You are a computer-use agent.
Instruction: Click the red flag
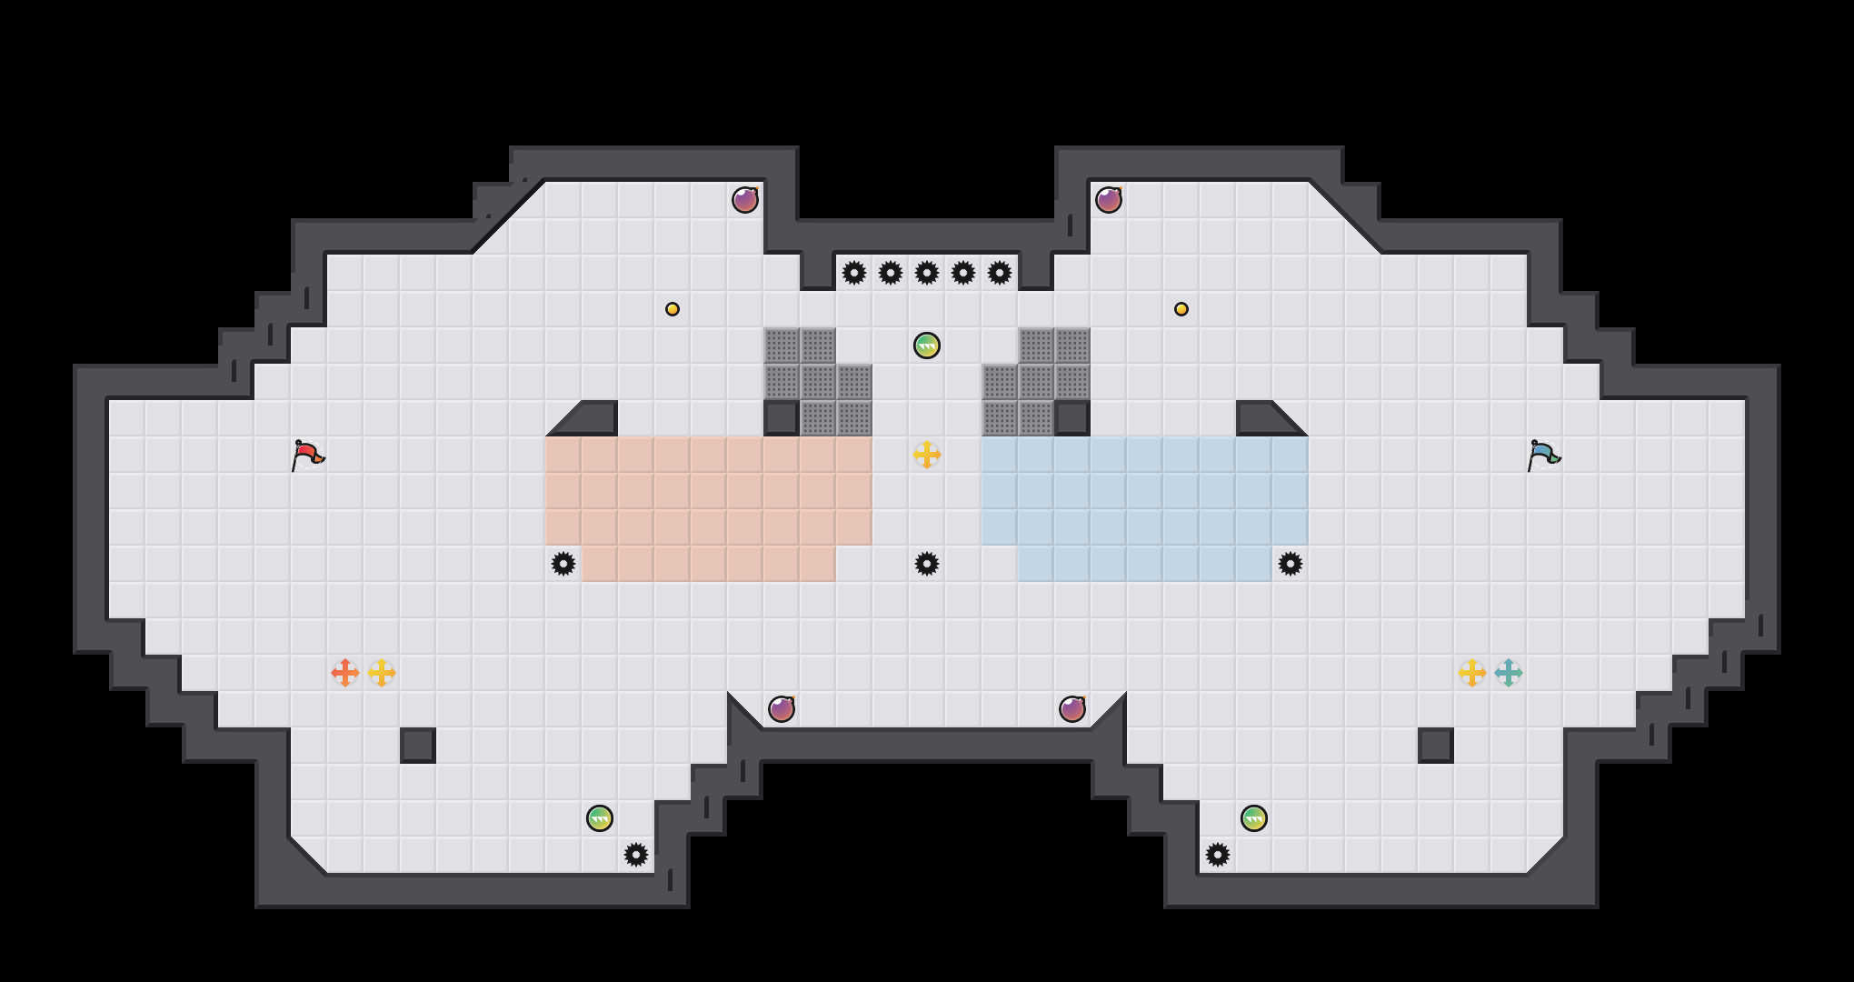click(307, 455)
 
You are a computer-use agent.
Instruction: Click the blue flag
click(1543, 455)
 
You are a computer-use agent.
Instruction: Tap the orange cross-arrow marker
click(345, 673)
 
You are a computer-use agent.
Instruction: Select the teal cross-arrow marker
click(1509, 673)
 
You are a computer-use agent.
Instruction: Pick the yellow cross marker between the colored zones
click(927, 455)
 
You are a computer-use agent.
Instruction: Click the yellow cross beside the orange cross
click(382, 673)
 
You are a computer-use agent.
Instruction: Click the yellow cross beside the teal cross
click(1472, 673)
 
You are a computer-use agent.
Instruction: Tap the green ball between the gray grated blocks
click(927, 346)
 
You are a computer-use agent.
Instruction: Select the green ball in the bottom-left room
click(600, 818)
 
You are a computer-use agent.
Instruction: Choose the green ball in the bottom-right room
click(1254, 818)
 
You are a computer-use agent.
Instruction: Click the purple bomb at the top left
click(745, 200)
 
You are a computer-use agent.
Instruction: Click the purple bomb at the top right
click(1109, 200)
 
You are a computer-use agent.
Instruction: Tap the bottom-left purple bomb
click(782, 709)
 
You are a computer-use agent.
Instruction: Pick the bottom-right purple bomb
click(1072, 709)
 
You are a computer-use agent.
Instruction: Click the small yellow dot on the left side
click(673, 309)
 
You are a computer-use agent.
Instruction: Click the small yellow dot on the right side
click(1181, 309)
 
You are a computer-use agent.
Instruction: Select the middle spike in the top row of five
click(927, 273)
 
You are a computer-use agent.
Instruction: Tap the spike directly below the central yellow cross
click(927, 564)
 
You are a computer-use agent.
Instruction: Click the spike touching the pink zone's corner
click(563, 564)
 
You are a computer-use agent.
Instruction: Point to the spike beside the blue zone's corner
click(1291, 564)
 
